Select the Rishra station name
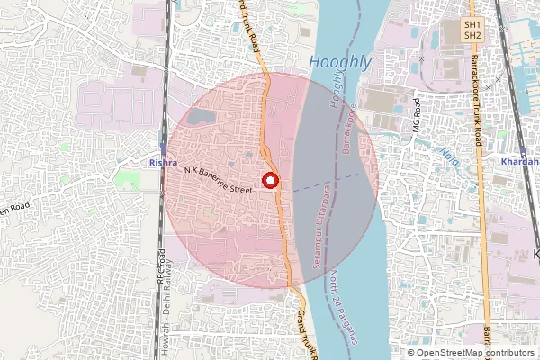[162, 163]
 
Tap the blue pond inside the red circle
[199, 116]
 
